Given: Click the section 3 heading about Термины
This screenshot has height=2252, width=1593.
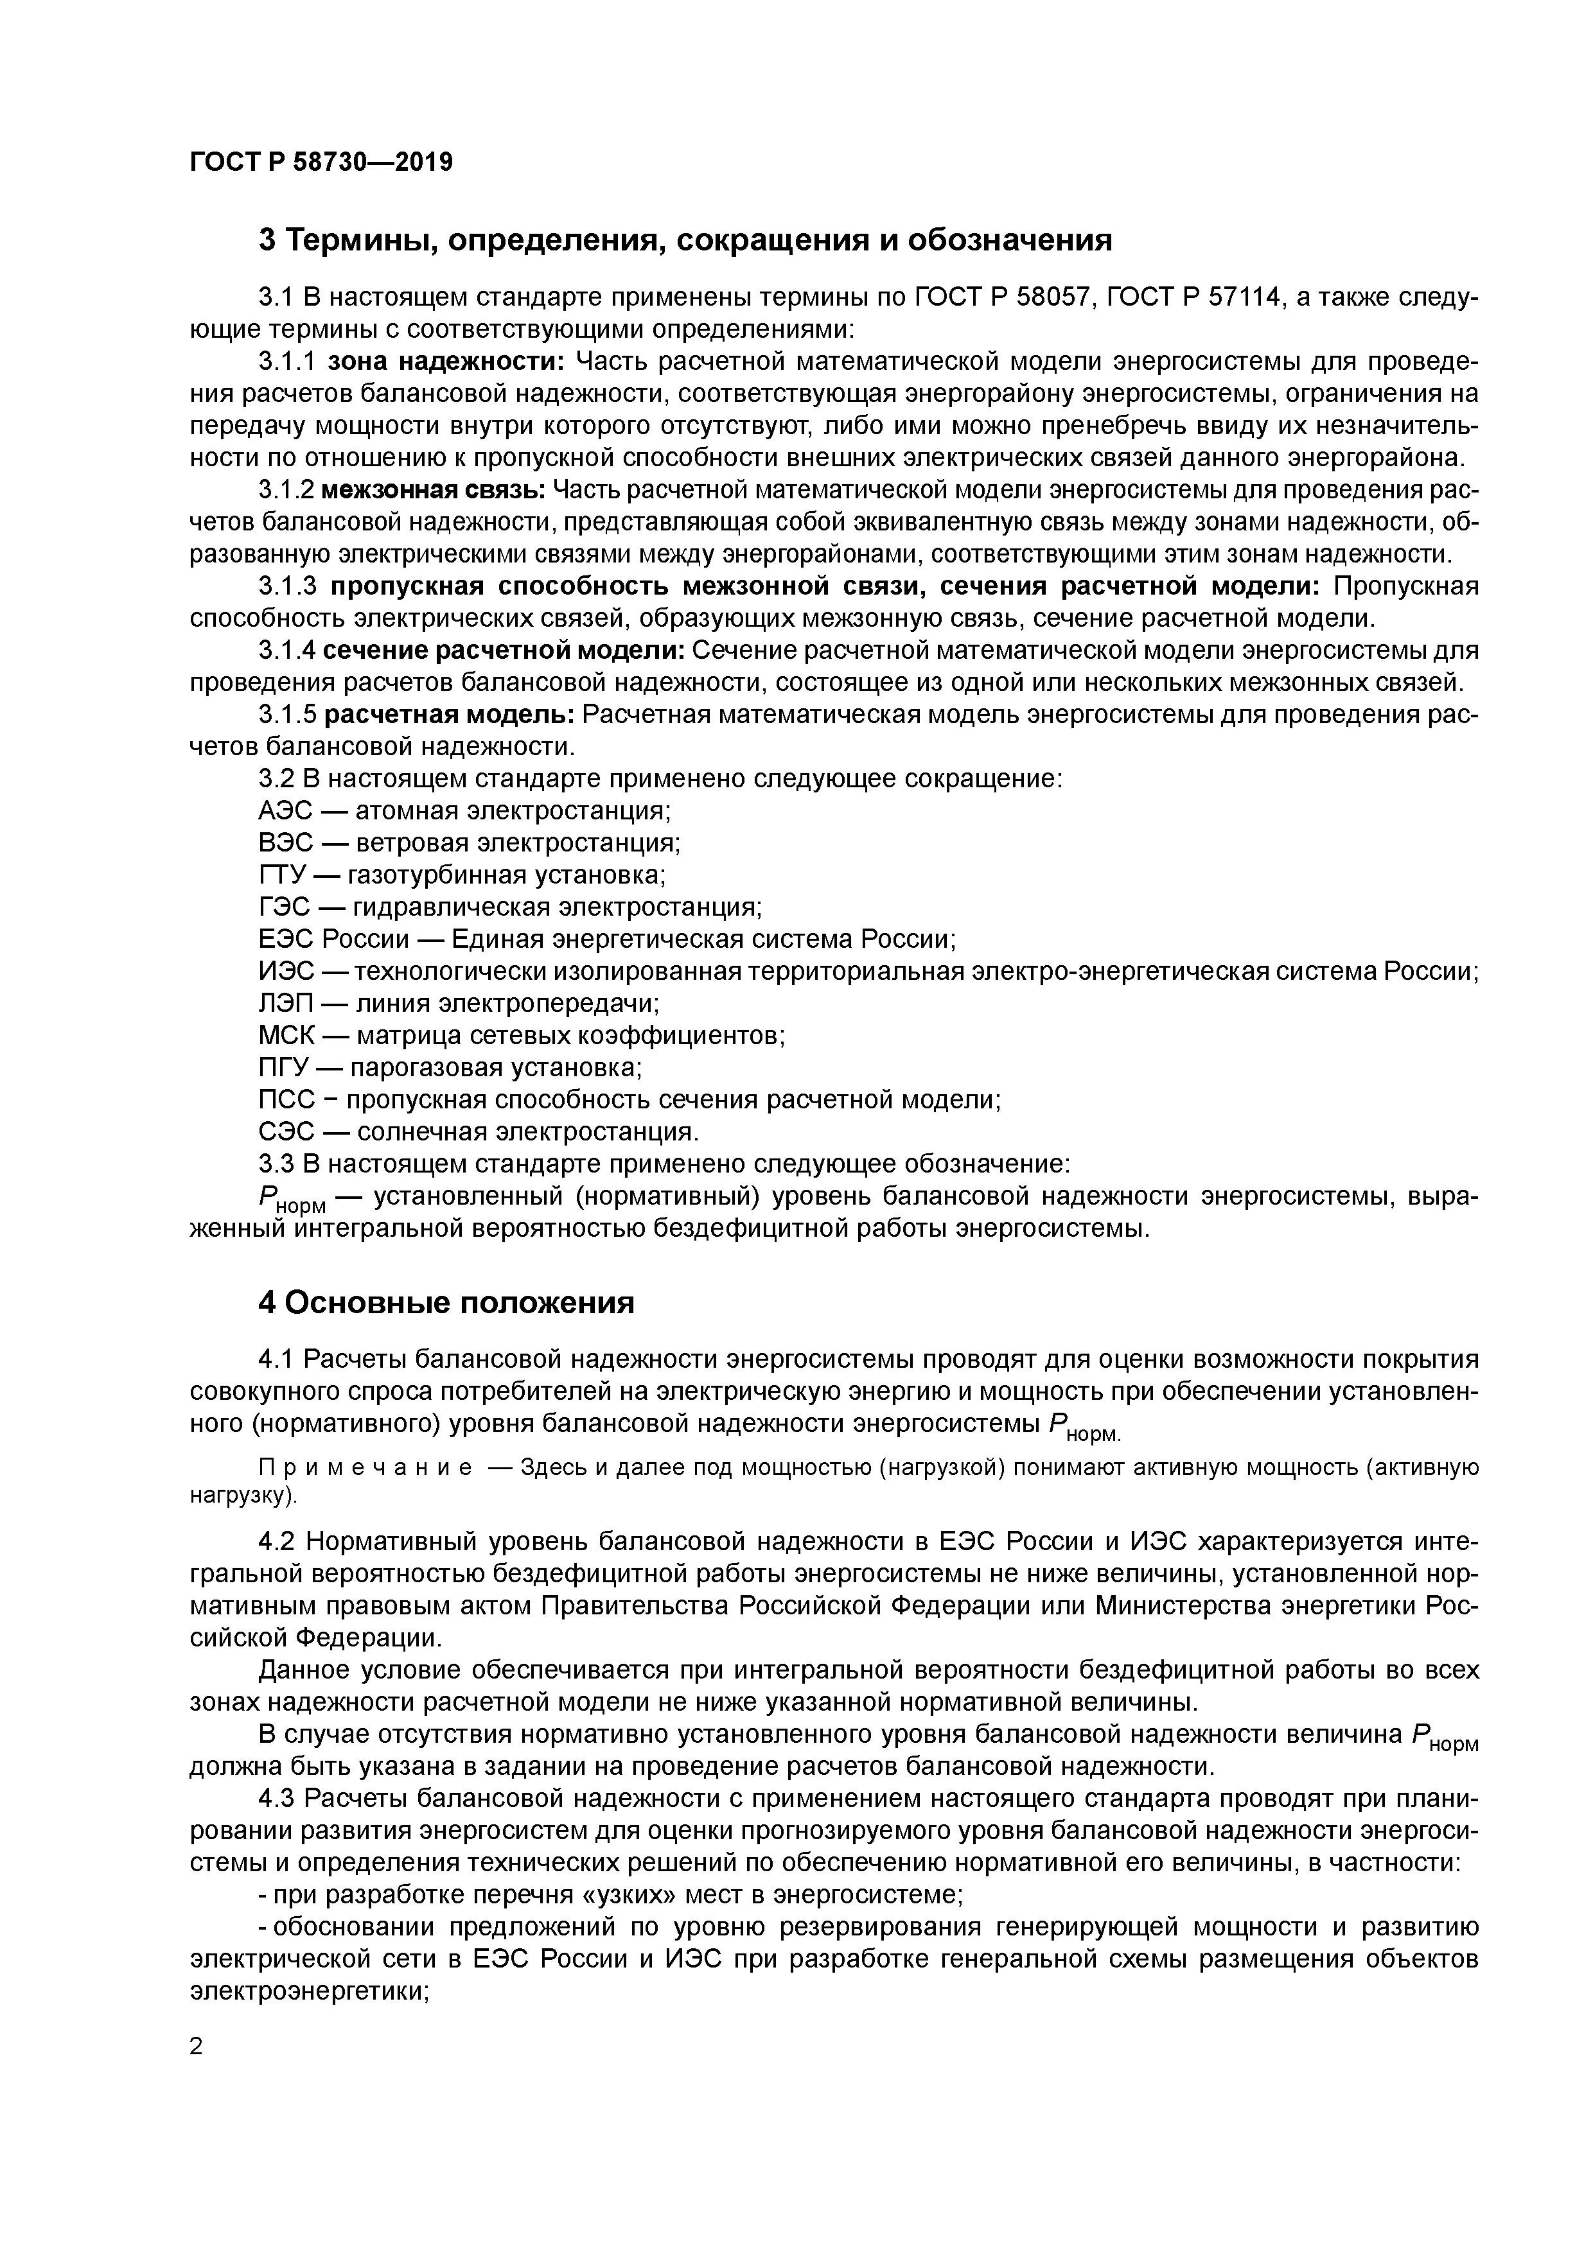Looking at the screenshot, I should (685, 240).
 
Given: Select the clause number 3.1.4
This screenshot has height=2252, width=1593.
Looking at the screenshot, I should (286, 650).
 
